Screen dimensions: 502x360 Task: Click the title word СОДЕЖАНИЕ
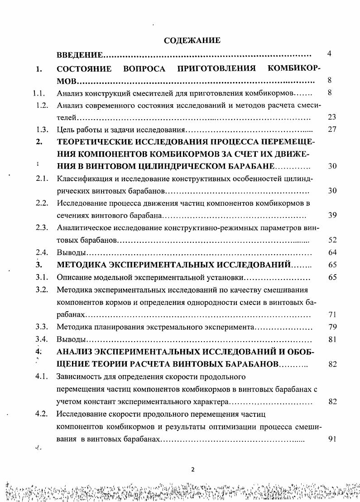(x=192, y=41)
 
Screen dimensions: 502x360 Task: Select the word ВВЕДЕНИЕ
(x=79, y=55)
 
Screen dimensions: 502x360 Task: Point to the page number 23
(x=332, y=117)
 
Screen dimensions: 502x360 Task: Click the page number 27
(x=332, y=130)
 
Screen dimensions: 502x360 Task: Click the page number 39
(x=332, y=215)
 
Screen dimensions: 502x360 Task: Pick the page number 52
(x=332, y=240)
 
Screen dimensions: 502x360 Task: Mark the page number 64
(x=332, y=252)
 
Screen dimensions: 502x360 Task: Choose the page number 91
(x=332, y=439)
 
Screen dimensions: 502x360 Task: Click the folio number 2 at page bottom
(x=192, y=470)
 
